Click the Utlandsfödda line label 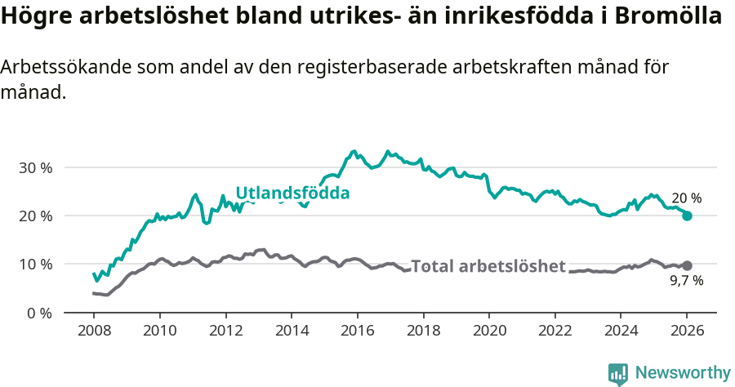[292, 193]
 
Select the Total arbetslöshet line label [488, 266]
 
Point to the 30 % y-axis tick [34, 167]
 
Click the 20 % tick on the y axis [34, 216]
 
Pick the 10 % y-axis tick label [34, 264]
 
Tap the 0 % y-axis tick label [38, 313]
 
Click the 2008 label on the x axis [93, 332]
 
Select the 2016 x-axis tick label [357, 332]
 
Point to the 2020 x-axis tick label [488, 332]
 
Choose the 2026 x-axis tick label [687, 332]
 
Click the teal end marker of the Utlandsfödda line [687, 216]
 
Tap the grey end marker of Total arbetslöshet [687, 265]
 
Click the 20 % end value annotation [686, 198]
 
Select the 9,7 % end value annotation [686, 281]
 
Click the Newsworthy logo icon [618, 373]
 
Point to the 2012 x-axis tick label [225, 332]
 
